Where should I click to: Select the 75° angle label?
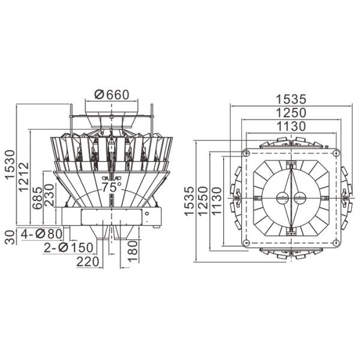click(111, 187)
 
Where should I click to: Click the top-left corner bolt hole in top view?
click(246, 153)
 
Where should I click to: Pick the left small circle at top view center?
click(281, 197)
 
